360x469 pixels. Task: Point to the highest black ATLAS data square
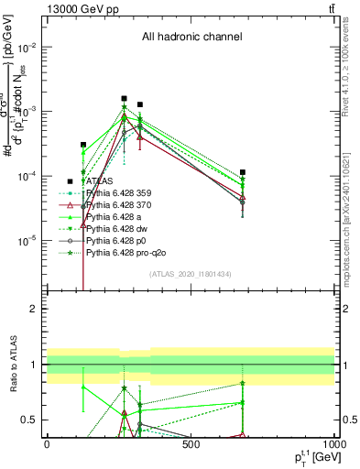[124, 98]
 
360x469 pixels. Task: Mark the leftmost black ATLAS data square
[83, 145]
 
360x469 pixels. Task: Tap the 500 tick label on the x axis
[191, 444]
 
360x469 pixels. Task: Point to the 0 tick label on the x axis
[47, 444]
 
